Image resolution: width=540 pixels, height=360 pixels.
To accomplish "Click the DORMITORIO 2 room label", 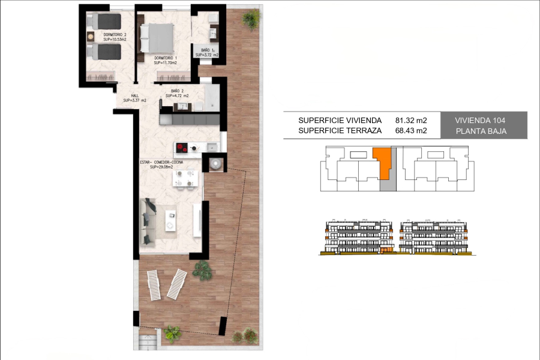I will coord(115,35).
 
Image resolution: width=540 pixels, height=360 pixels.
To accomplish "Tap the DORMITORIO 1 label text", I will coord(165,58).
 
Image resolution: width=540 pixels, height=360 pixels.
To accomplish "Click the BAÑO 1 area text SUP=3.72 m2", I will coord(206,55).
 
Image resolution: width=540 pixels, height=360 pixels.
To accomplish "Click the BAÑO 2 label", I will coord(177,91).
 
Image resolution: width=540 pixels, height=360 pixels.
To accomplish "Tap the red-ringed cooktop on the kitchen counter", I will coord(182,148).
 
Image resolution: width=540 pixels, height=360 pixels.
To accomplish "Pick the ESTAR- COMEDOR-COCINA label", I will coord(161,162).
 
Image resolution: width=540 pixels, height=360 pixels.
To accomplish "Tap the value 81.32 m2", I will coord(411,120).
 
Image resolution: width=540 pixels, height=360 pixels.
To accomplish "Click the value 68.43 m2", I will coord(411,130).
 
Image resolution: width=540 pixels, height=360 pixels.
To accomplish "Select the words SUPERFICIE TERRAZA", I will coord(340,130).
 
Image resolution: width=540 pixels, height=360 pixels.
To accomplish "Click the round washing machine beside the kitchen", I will coord(215,162).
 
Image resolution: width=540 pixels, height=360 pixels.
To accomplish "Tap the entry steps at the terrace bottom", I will coord(148,343).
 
